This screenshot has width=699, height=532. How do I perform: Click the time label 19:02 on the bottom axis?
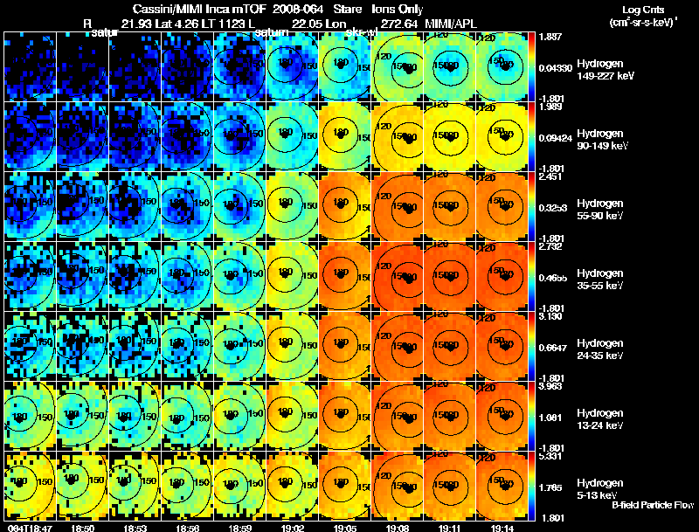(293, 528)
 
